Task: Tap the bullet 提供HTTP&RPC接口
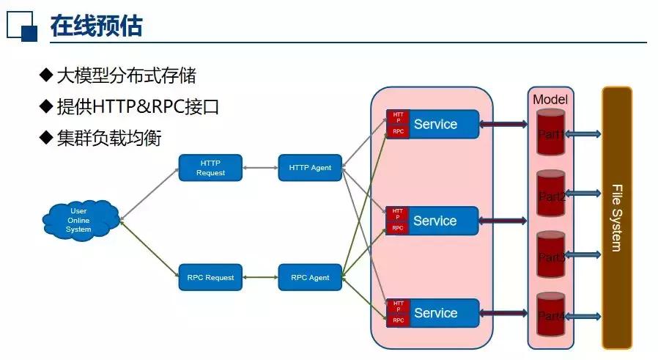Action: (x=138, y=107)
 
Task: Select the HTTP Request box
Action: (x=210, y=167)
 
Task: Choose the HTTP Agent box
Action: (x=310, y=167)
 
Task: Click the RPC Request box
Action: (x=210, y=277)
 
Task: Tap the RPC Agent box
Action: (x=310, y=277)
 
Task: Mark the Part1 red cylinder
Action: (x=550, y=133)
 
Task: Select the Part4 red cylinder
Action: (x=550, y=315)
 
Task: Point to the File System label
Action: (x=616, y=218)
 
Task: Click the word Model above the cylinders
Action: (x=550, y=99)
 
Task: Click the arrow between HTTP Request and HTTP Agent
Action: (x=259, y=167)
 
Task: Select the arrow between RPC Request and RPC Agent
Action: (x=259, y=277)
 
